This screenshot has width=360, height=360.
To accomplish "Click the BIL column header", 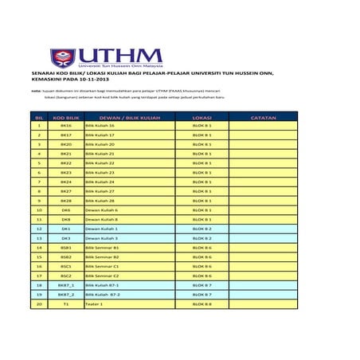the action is (x=38, y=117).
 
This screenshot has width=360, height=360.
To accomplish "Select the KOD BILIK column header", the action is (x=66, y=117).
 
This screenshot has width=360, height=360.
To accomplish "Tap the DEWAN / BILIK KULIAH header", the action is (x=130, y=117).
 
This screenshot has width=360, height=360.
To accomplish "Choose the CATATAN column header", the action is (x=263, y=117).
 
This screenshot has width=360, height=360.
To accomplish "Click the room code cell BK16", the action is (x=66, y=126).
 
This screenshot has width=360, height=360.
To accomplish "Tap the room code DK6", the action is (x=66, y=209).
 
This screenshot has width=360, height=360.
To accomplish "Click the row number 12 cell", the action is (x=38, y=229).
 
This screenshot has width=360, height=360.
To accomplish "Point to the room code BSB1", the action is (x=66, y=247).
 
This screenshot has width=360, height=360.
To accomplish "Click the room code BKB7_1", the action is (x=66, y=284).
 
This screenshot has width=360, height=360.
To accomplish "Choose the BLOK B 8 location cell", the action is (x=202, y=303).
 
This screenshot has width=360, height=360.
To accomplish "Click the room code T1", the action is (x=66, y=303).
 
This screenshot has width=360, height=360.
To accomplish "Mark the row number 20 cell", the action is (x=38, y=303).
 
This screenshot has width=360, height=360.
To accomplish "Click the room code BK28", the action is (x=66, y=201).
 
